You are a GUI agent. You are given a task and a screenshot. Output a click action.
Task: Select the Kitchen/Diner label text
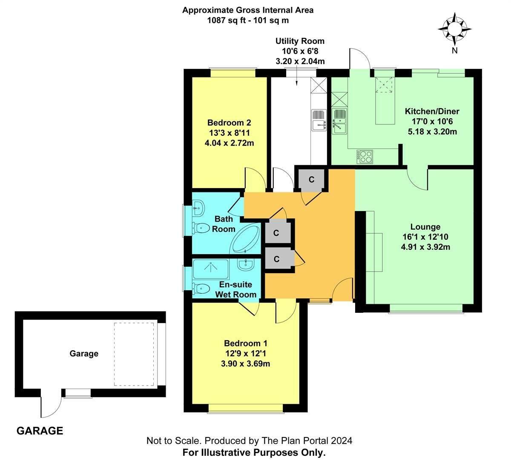[x=432, y=111]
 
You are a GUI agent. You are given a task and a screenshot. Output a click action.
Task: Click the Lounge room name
[x=425, y=227]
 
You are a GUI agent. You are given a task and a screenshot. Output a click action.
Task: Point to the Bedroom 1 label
[x=246, y=343]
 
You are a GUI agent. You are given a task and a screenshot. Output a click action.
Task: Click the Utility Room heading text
[x=300, y=41]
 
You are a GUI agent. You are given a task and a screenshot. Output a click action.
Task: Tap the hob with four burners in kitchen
[x=365, y=156]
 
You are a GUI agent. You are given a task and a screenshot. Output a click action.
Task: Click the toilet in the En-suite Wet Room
[x=199, y=288]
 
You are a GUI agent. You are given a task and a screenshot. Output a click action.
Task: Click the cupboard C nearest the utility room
[x=311, y=180]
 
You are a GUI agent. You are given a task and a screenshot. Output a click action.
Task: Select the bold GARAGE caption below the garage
[x=40, y=431]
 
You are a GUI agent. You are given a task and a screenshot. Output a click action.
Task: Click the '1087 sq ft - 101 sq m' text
[x=248, y=20]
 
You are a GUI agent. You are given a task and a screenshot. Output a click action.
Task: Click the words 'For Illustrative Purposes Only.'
[x=254, y=452]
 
